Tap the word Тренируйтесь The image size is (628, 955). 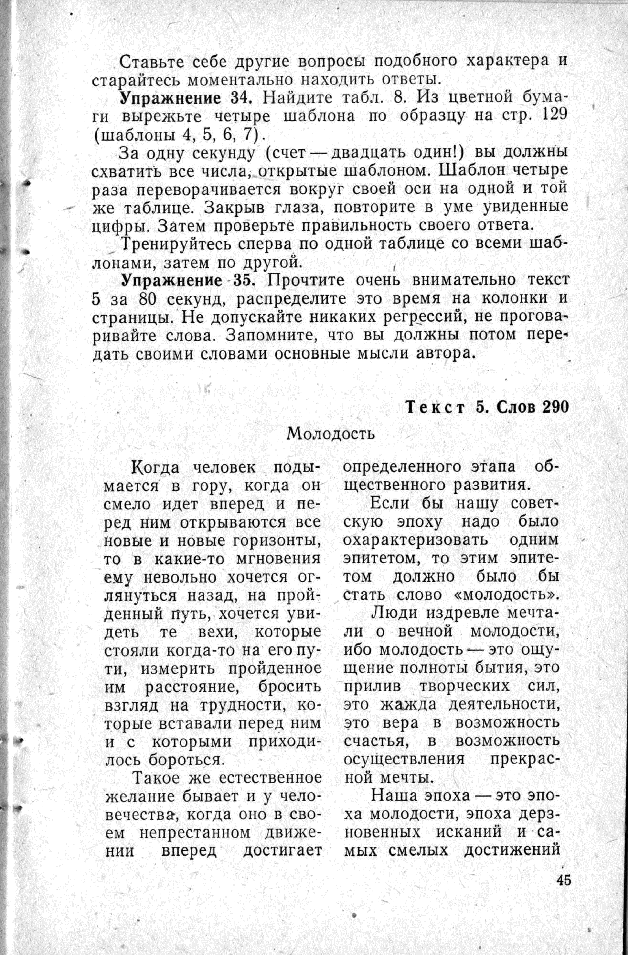(175, 244)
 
